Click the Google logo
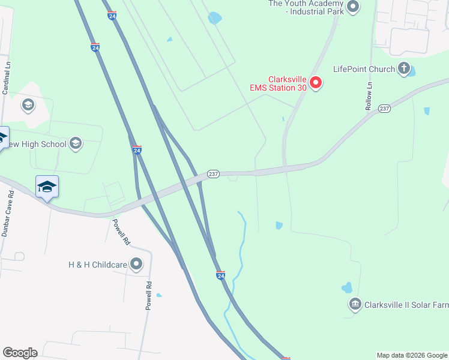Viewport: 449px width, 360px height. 20,353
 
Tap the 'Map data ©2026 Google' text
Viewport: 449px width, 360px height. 412,355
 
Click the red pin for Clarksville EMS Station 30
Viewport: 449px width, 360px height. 316,83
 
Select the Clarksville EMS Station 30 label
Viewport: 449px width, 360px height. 279,83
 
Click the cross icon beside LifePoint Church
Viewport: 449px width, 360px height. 405,68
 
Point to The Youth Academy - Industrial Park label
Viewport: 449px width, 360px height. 306,8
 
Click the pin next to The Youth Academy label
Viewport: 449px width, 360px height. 353,7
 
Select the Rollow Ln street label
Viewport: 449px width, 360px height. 369,96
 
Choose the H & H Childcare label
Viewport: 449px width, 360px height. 97,264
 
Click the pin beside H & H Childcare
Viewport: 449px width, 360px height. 136,264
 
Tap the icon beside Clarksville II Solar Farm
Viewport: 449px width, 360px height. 355,305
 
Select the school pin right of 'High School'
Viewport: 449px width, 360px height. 75,143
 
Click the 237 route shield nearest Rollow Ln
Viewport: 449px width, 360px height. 385,109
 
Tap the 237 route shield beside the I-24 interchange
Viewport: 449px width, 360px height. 213,174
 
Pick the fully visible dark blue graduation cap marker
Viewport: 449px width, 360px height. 47,187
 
